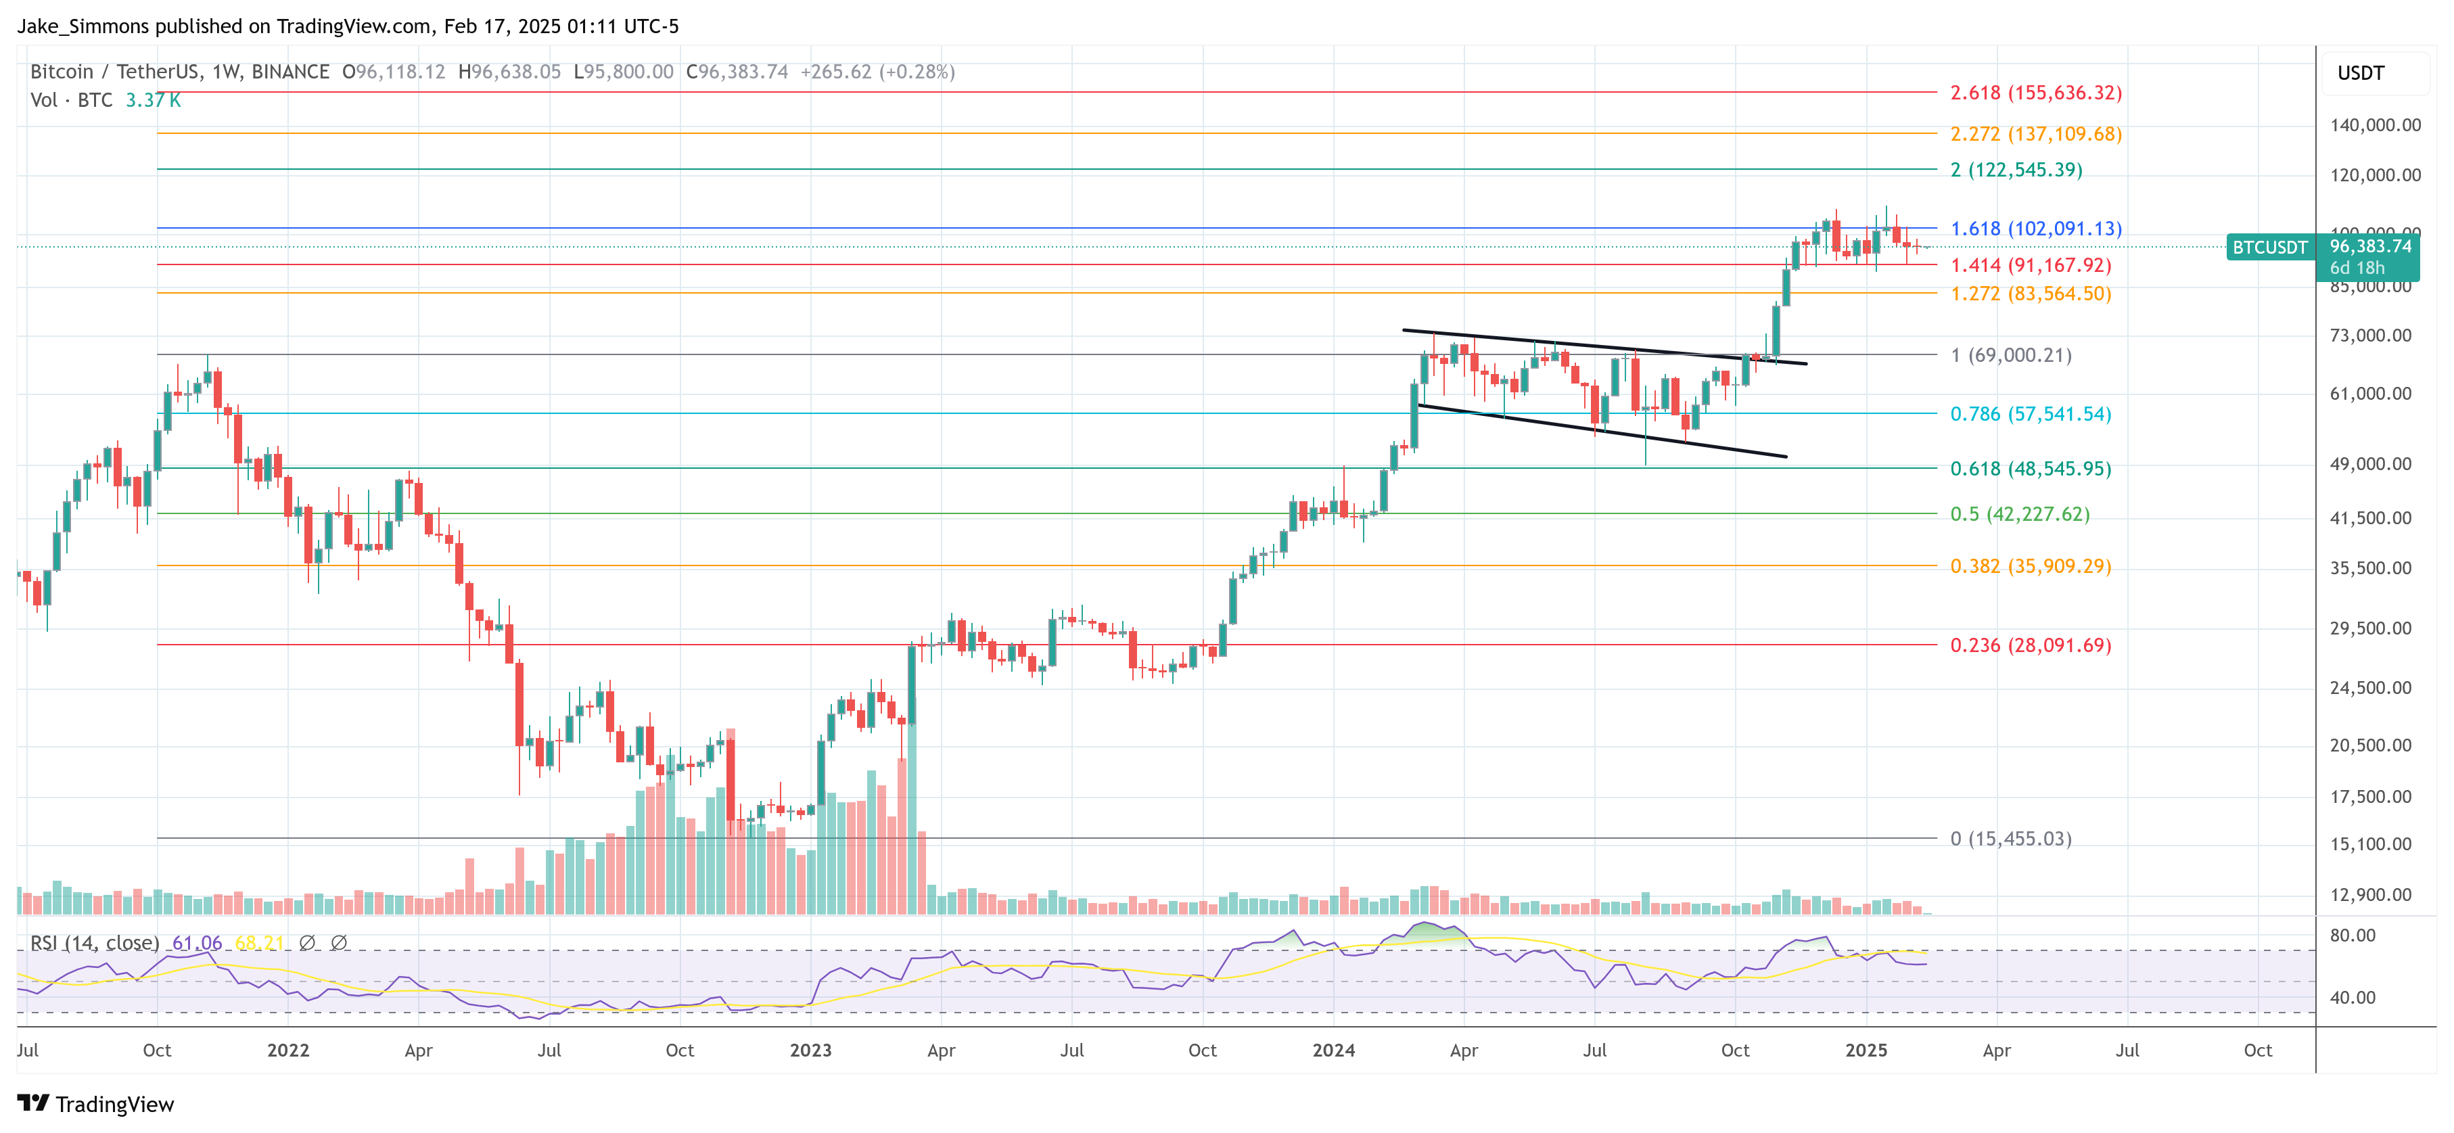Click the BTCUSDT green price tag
(2269, 248)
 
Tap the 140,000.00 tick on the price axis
(2374, 125)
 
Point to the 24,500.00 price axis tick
(2370, 688)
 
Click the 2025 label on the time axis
(1866, 1050)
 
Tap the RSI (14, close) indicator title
(94, 942)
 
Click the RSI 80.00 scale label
(2352, 935)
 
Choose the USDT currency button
(2360, 73)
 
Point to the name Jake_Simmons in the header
(82, 26)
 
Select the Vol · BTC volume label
(72, 100)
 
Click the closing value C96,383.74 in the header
(737, 72)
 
